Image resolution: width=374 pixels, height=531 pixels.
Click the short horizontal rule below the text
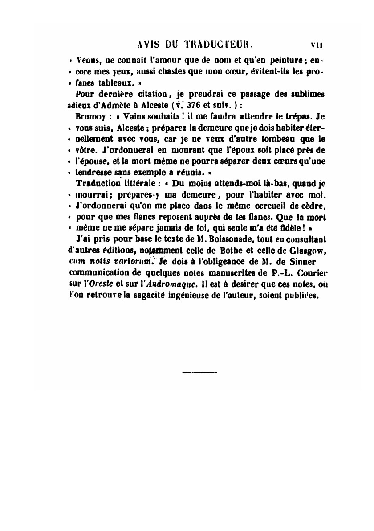point(199,372)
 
